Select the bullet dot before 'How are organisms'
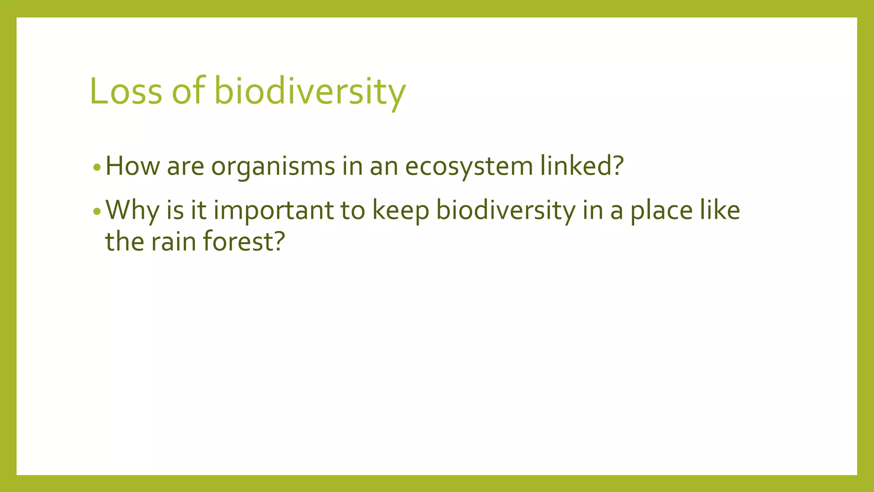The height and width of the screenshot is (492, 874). click(97, 167)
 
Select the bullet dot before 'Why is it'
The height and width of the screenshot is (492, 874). click(97, 211)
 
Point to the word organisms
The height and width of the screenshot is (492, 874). click(273, 167)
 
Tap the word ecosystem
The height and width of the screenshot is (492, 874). click(469, 167)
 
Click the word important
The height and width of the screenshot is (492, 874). click(274, 211)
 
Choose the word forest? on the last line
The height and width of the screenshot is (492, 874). click(243, 241)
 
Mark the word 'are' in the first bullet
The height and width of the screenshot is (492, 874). click(185, 167)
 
